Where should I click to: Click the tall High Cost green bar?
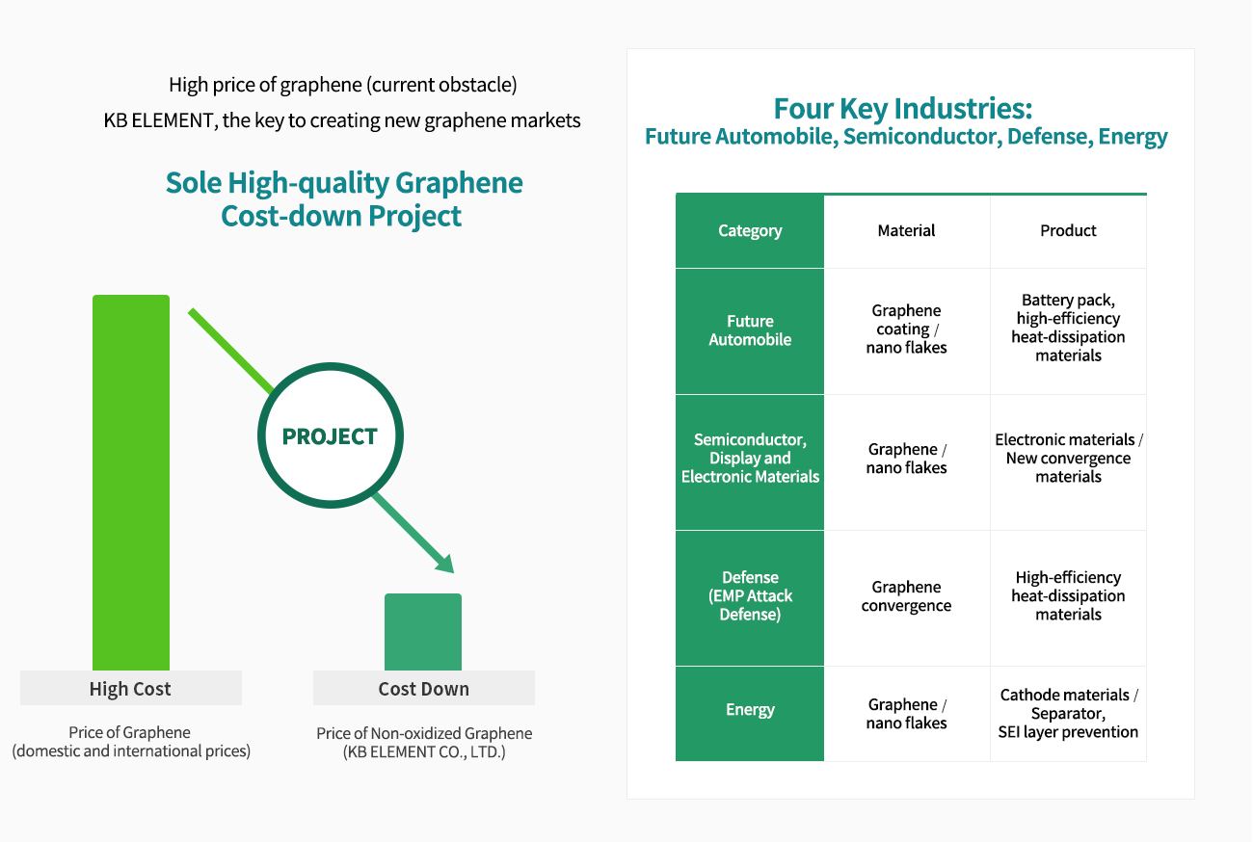click(131, 482)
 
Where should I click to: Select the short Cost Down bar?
click(423, 632)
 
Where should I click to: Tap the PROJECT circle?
click(330, 435)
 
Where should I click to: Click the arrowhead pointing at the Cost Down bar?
click(445, 565)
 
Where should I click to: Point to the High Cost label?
click(130, 688)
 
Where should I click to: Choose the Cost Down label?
click(423, 688)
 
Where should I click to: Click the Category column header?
click(750, 230)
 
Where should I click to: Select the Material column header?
click(906, 230)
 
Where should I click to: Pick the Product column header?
click(1068, 230)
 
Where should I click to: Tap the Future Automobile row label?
click(750, 330)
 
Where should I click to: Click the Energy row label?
click(750, 709)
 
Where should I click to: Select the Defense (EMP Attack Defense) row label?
click(750, 596)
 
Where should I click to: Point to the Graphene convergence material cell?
click(906, 596)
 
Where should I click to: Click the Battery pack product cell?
click(1068, 328)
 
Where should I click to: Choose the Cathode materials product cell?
click(1068, 713)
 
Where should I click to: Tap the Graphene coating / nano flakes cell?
click(906, 329)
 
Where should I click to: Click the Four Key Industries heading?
click(903, 109)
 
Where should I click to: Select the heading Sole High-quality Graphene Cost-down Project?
click(343, 199)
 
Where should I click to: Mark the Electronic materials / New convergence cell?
click(1068, 458)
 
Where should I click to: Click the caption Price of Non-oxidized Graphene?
click(424, 733)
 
